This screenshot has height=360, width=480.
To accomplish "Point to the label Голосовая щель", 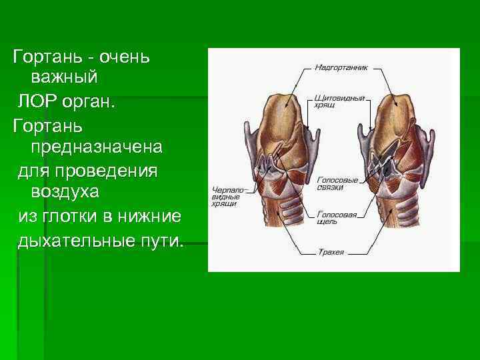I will (x=337, y=217).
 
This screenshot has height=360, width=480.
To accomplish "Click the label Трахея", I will (x=331, y=253).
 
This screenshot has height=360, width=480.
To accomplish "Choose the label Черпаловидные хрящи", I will (x=227, y=195).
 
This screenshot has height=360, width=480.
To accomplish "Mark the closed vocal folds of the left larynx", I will (x=269, y=163).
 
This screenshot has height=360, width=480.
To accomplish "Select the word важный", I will (x=64, y=77).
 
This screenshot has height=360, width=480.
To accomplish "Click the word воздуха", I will (x=65, y=193).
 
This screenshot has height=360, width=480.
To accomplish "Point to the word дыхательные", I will (x=74, y=239).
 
